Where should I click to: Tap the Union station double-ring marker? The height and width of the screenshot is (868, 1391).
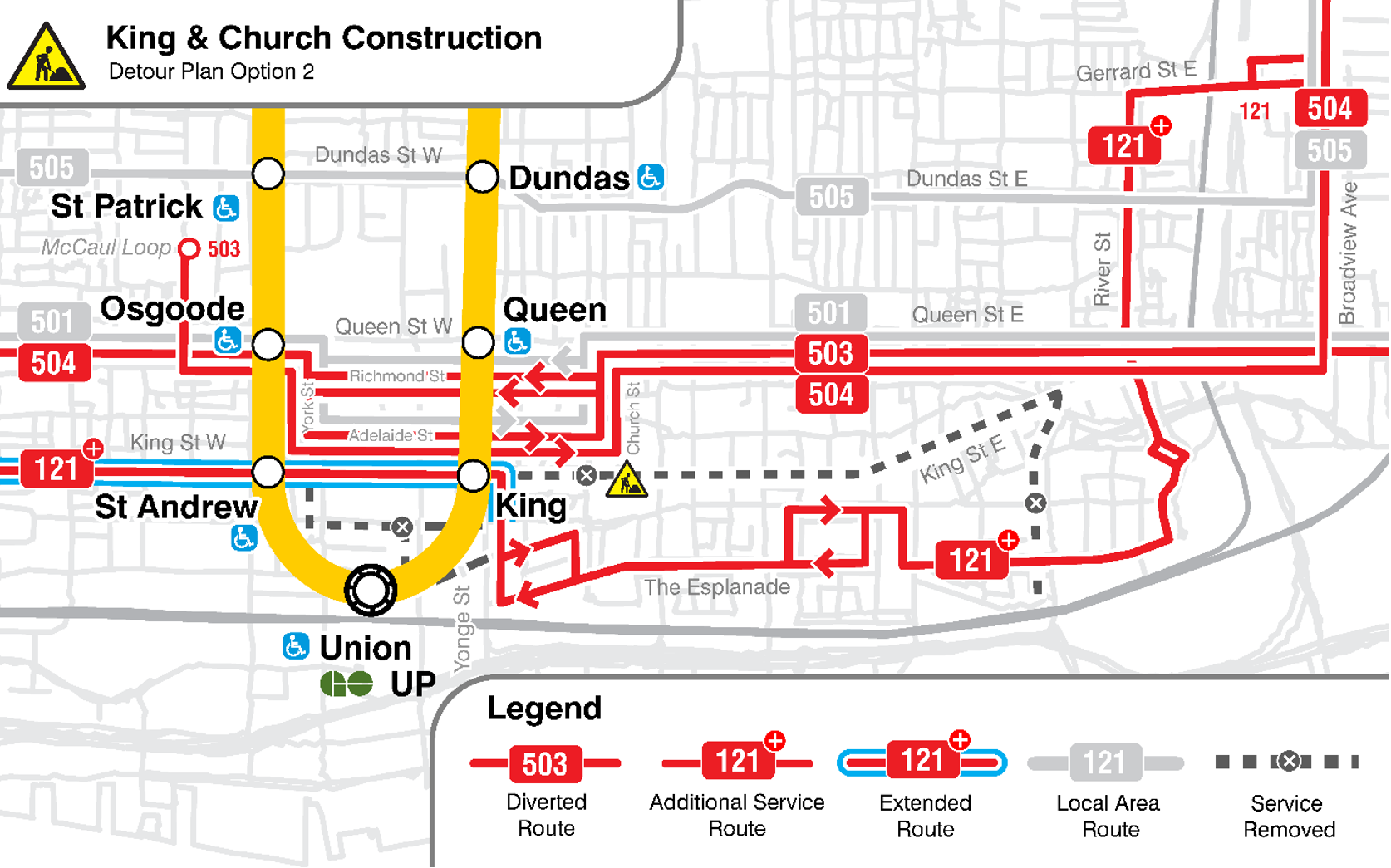click(x=371, y=590)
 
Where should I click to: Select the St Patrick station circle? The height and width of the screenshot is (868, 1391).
click(x=268, y=174)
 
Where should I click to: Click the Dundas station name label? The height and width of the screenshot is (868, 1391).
click(x=569, y=179)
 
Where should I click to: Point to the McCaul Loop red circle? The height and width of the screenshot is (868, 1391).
click(x=189, y=248)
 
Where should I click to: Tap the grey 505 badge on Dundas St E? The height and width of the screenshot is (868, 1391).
click(x=831, y=198)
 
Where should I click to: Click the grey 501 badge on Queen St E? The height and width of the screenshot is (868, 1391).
click(x=829, y=313)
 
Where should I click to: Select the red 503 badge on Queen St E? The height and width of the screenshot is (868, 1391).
click(x=831, y=354)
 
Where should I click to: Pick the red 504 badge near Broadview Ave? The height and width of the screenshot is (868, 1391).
click(x=1330, y=108)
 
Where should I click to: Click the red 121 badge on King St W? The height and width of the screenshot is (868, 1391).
click(x=56, y=468)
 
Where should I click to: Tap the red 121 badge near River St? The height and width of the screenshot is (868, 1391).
click(x=1123, y=146)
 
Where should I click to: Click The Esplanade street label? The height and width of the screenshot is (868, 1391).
click(x=717, y=587)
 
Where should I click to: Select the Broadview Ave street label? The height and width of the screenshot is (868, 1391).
click(x=1348, y=253)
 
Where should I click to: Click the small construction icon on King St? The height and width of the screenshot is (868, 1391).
click(x=627, y=481)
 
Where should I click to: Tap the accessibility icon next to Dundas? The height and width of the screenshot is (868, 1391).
click(x=651, y=177)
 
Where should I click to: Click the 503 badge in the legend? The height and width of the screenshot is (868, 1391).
click(x=545, y=763)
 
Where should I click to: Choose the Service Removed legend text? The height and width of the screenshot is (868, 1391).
click(x=1288, y=816)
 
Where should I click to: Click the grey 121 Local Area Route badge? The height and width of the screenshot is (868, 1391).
click(x=1104, y=763)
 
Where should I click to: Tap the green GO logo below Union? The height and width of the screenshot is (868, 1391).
click(x=347, y=684)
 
